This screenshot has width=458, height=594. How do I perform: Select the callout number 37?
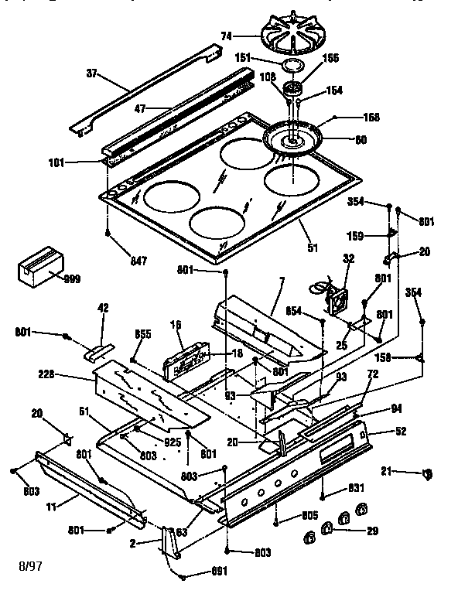point(93,75)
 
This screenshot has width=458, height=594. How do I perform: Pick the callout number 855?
point(143,335)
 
